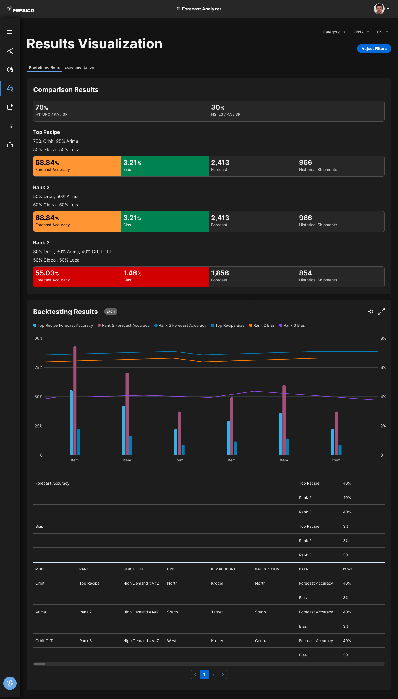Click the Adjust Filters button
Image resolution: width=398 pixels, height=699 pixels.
tap(374, 49)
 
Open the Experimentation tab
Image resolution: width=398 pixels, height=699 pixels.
tap(79, 67)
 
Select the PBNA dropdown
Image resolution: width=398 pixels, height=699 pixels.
tap(361, 32)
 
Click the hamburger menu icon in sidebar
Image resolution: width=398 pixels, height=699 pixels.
tap(10, 32)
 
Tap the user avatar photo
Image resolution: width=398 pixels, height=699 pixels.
tap(379, 9)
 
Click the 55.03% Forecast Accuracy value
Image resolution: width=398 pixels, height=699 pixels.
tap(47, 273)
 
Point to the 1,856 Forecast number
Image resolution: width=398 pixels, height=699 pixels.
tap(220, 273)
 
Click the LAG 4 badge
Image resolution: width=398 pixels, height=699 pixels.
tap(111, 312)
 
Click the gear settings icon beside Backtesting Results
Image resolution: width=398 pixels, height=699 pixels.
tap(370, 312)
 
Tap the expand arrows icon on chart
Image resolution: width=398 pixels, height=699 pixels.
tap(381, 312)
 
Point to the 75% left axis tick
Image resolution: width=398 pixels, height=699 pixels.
tap(39, 368)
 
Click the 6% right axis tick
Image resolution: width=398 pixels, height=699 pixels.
tap(383, 368)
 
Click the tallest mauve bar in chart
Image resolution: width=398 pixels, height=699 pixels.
tap(75, 400)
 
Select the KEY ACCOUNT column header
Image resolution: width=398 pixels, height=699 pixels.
tap(223, 569)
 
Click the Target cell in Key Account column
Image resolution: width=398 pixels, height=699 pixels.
tap(217, 612)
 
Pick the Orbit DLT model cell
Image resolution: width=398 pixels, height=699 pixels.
tap(44, 641)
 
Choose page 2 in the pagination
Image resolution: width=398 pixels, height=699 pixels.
tap(213, 674)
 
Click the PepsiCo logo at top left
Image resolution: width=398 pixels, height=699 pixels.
tap(20, 9)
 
